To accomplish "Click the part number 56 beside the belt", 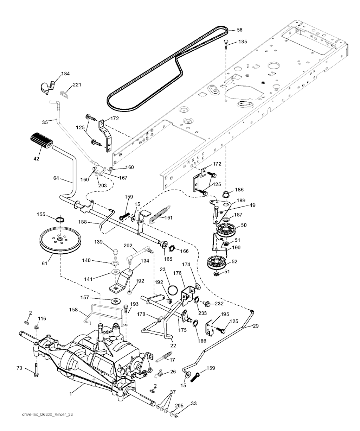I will point(240,30).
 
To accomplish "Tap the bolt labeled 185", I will point(225,45).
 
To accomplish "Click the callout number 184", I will point(65,74).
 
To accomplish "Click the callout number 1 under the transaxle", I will point(71,394).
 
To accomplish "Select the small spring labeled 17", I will point(164,356).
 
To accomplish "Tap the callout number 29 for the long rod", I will point(256,326).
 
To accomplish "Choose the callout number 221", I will point(77,85).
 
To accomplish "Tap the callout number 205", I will point(179,406).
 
